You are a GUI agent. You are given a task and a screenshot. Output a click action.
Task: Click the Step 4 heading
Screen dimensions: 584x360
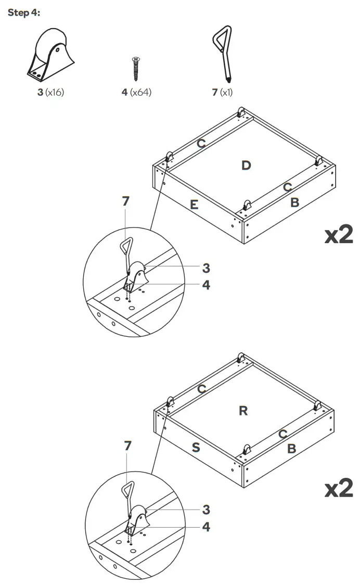click(x=24, y=12)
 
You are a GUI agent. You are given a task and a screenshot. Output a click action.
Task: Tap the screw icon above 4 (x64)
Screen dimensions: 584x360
click(x=136, y=69)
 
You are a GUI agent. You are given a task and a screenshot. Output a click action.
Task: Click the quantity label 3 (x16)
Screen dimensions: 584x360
click(x=50, y=93)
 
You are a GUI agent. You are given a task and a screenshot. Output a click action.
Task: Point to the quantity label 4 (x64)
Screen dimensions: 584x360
click(x=136, y=93)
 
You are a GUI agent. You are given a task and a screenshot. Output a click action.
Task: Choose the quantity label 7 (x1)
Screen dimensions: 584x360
click(x=222, y=93)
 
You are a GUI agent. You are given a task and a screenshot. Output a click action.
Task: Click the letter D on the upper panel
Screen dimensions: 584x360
click(x=246, y=166)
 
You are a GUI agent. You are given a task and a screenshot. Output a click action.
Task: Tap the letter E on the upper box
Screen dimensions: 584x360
click(x=194, y=205)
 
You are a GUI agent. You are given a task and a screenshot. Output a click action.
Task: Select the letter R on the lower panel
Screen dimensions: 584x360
click(x=243, y=411)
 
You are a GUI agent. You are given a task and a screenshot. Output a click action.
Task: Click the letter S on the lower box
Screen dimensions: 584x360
click(x=196, y=447)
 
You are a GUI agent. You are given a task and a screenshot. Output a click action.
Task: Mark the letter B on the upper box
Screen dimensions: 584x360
click(x=294, y=202)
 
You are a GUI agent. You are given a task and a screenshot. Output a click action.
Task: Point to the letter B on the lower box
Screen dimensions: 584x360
click(x=292, y=448)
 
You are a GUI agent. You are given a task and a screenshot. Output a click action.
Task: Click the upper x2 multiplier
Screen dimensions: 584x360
click(x=339, y=235)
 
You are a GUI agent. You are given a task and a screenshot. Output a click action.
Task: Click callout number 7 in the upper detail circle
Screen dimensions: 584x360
click(x=125, y=201)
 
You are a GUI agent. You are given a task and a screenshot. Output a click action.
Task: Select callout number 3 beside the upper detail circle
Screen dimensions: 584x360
click(x=206, y=268)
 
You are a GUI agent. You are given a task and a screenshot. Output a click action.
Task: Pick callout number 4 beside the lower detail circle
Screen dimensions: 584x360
click(x=206, y=527)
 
